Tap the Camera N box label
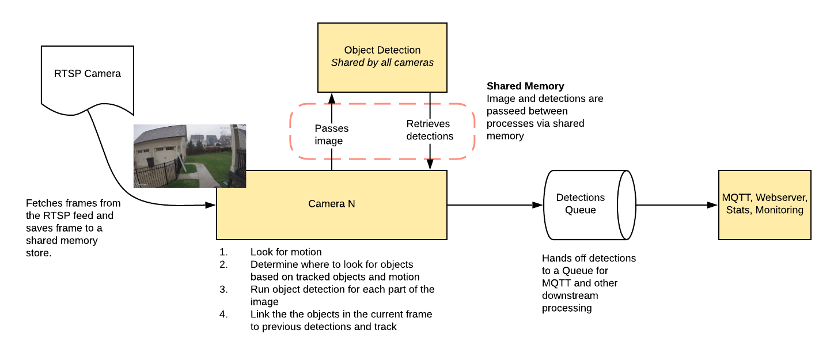[332, 204]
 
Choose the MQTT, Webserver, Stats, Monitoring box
[764, 204]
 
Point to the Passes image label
[331, 134]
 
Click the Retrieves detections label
[430, 130]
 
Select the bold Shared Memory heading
[525, 86]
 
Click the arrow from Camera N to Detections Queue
[495, 204]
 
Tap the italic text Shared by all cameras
[382, 63]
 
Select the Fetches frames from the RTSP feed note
[73, 228]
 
